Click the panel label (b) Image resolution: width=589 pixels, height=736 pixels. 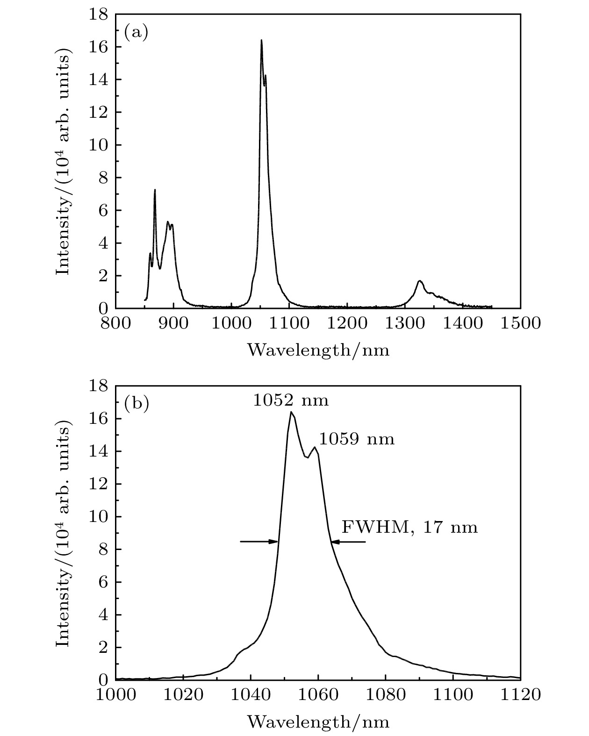pos(136,403)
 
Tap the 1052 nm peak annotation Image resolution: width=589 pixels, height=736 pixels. pos(291,400)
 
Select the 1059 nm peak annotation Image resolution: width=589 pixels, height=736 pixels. pos(357,439)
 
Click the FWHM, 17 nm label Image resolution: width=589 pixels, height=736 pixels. pos(410,527)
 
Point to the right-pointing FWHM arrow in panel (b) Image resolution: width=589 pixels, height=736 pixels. pos(259,542)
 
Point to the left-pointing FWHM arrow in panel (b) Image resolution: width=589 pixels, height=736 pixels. pos(348,542)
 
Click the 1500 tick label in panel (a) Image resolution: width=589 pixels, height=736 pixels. pos(520,323)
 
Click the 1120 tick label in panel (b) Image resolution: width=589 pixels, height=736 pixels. pos(520,694)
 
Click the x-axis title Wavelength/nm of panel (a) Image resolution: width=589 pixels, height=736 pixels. pos(318,350)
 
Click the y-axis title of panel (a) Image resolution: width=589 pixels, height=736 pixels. pos(64,161)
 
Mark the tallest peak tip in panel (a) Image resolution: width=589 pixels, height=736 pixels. pos(261,40)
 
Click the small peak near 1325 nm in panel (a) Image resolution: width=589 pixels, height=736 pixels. pos(420,281)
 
